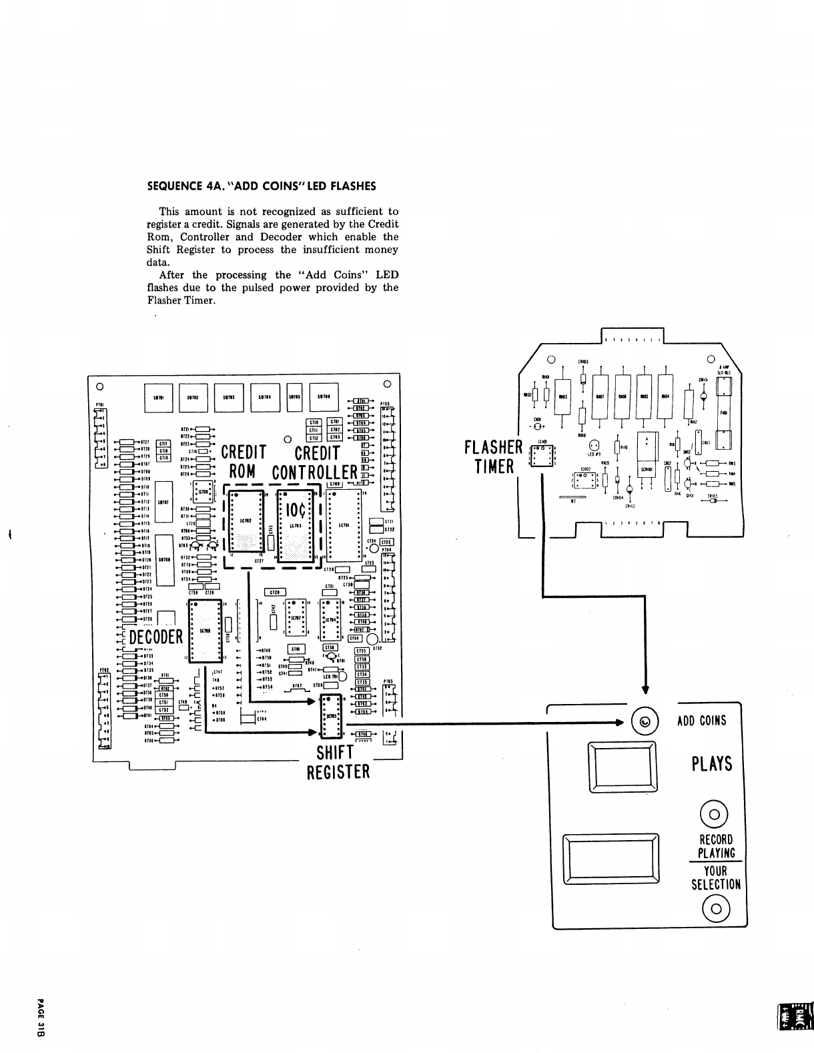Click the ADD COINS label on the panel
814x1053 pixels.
point(701,721)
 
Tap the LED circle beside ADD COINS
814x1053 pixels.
point(645,722)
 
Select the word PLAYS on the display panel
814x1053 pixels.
point(711,763)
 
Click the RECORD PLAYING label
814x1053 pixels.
point(716,846)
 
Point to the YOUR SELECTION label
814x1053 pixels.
point(716,877)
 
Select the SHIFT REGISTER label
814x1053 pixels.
point(338,762)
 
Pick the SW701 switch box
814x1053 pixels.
point(159,396)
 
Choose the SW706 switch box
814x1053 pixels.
point(324,396)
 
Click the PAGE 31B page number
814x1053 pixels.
point(41,1017)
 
